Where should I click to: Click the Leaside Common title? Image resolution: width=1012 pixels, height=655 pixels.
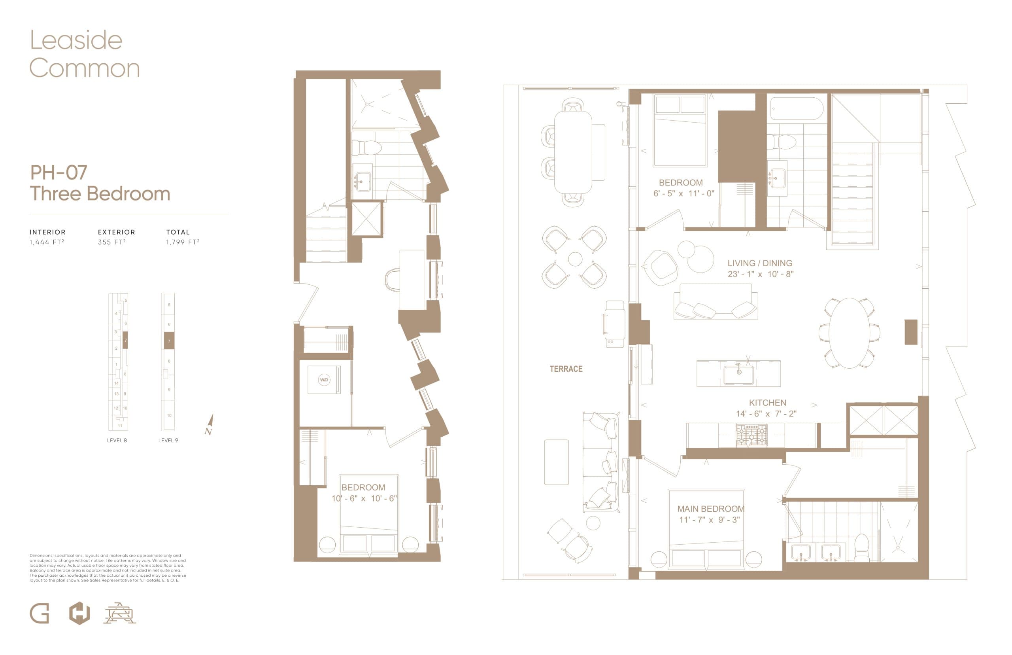click(x=84, y=54)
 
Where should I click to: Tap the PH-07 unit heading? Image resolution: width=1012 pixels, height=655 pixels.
click(x=59, y=172)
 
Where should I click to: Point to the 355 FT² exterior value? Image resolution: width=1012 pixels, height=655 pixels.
click(x=111, y=242)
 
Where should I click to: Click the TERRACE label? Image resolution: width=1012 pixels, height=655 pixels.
click(x=566, y=369)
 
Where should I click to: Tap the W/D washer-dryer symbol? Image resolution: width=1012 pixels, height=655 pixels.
click(x=324, y=379)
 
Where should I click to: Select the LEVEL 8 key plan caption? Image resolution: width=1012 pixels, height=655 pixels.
click(x=117, y=440)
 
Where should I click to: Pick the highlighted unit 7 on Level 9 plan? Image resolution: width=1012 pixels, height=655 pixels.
click(x=169, y=341)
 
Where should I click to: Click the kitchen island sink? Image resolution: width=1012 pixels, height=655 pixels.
click(x=739, y=374)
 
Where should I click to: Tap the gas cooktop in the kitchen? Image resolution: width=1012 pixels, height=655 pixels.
click(x=751, y=435)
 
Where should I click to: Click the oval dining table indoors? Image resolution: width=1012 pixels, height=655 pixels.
click(x=849, y=333)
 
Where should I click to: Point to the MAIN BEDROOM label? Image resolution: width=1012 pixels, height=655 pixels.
click(x=711, y=509)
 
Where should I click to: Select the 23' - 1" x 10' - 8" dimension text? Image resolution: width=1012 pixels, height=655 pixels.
click(x=760, y=274)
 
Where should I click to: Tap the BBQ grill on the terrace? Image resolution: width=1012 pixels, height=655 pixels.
click(x=614, y=323)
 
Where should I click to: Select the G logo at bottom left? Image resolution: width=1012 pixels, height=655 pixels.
click(x=40, y=614)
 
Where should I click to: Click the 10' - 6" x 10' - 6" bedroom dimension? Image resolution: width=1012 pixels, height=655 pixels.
click(x=364, y=498)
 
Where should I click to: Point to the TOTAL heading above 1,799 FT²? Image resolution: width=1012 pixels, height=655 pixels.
click(x=177, y=232)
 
